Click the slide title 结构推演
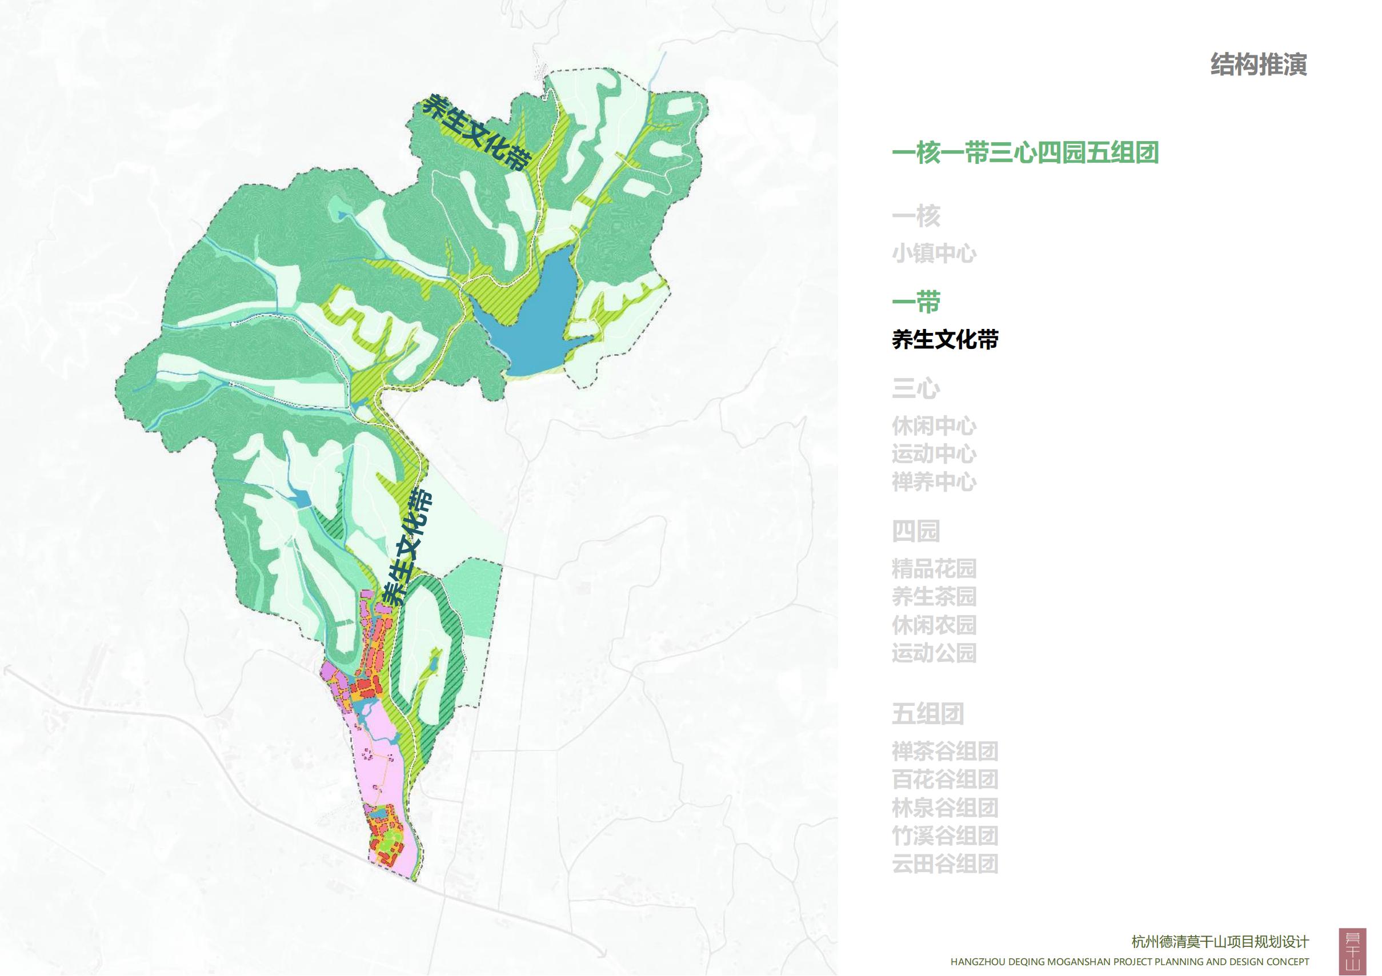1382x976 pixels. tap(1258, 65)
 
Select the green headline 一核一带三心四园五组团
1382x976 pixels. tap(1025, 153)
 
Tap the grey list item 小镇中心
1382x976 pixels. tap(934, 254)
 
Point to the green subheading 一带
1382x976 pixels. tap(915, 303)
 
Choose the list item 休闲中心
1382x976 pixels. tap(934, 426)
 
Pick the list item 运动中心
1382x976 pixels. tap(934, 453)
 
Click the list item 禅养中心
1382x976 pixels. tap(934, 482)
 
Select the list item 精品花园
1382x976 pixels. tap(934, 568)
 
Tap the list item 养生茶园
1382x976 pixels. tap(934, 596)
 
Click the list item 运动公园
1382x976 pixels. tap(934, 653)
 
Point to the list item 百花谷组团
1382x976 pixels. tap(945, 779)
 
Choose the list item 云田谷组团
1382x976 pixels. tap(945, 863)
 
